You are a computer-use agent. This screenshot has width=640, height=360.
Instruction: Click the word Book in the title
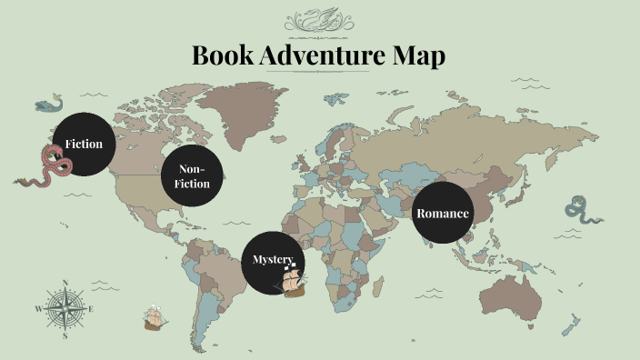point(224,55)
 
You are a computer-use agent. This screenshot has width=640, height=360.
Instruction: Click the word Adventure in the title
point(311,55)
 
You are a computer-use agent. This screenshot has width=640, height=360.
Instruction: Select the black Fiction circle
point(84,145)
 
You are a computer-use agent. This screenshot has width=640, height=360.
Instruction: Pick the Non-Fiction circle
point(194,176)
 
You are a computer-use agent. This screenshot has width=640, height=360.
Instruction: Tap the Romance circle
point(443,214)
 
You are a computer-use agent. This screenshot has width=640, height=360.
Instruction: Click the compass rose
point(65,309)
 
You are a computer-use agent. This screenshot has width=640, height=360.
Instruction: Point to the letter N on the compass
point(65,283)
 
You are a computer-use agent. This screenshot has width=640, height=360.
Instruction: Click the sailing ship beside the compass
point(155,318)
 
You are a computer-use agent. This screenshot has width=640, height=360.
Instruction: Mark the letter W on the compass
point(38,309)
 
